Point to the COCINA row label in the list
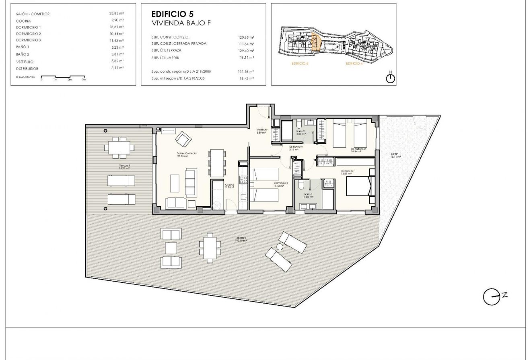tap(23, 21)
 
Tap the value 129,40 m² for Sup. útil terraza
tap(246, 51)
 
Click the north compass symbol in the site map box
tap(390, 78)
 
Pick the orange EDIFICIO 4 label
tap(354, 64)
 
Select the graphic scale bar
tap(63, 76)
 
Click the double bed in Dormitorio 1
tap(360, 186)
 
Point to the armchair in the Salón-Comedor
tap(183, 139)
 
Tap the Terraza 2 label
tap(241, 239)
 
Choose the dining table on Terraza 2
tap(210, 247)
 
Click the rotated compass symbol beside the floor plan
tap(489, 296)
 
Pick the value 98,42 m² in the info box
tap(246, 78)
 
